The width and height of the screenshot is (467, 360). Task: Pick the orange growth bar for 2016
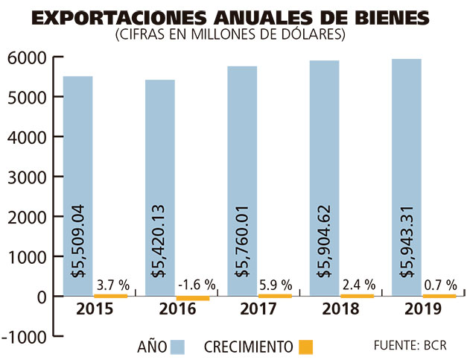[x=194, y=298]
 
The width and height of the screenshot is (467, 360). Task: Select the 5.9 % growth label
[x=275, y=285]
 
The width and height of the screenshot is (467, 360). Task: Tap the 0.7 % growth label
[x=439, y=285]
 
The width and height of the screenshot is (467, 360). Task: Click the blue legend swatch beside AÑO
[x=177, y=347]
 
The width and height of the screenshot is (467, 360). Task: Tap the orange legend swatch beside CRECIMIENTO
[x=305, y=347]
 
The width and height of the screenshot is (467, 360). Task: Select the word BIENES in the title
[x=387, y=17]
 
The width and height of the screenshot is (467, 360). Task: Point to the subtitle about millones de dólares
[x=233, y=34]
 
